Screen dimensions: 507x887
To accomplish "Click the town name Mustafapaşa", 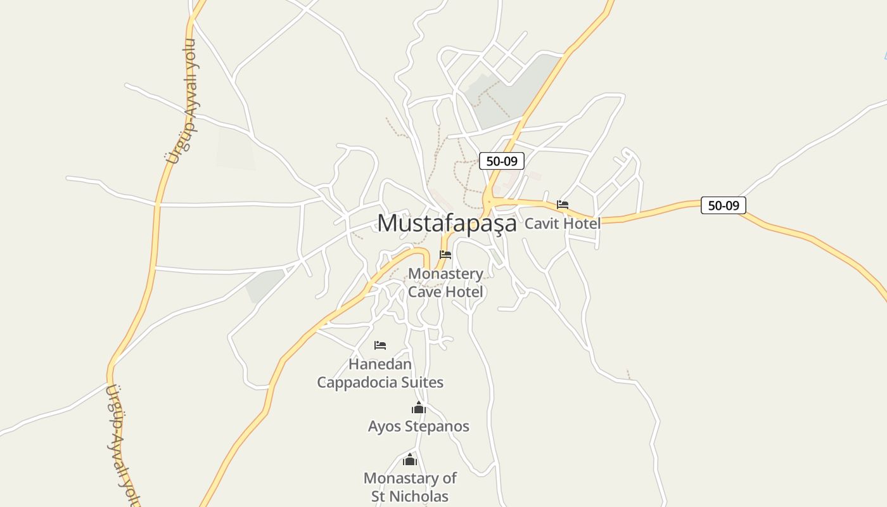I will (x=447, y=223).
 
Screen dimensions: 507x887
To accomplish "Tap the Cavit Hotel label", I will (x=562, y=223).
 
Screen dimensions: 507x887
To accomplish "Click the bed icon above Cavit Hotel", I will (x=563, y=205).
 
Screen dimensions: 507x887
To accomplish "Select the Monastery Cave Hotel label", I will (x=445, y=283).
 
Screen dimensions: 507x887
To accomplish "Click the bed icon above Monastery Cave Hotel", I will (x=445, y=255).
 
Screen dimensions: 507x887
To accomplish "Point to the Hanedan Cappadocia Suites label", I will (x=380, y=373).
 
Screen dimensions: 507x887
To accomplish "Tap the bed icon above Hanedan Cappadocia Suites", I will (x=380, y=345).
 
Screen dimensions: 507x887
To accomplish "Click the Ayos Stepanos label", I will (x=419, y=426).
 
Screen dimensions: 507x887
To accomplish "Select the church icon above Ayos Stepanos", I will (x=419, y=408).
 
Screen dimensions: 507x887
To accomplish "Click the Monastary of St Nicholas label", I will (x=410, y=487).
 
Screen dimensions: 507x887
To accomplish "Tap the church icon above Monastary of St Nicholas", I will (x=410, y=459).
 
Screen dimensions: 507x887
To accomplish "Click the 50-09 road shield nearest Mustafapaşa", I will (x=502, y=161).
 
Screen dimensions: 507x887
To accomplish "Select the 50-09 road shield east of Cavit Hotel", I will (x=724, y=205).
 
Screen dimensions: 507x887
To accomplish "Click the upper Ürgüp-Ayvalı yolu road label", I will (x=181, y=101).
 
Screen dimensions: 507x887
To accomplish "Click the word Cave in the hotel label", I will (x=426, y=292).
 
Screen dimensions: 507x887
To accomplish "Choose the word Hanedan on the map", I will (x=380, y=364).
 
